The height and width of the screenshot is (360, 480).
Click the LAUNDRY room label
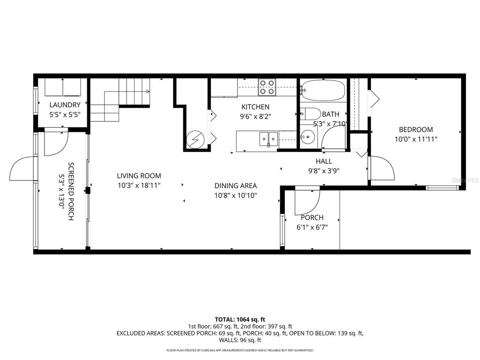(65, 105)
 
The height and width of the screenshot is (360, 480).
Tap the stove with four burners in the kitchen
(268, 88)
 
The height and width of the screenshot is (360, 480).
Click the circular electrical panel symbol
(194, 139)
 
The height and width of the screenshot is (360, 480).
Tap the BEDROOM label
(416, 130)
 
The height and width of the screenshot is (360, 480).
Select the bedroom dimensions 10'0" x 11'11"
(416, 139)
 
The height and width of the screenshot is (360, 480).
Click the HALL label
(323, 161)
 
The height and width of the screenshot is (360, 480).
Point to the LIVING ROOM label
(139, 176)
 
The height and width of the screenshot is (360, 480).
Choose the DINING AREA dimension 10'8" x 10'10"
(235, 195)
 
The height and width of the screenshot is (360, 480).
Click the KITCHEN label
(255, 107)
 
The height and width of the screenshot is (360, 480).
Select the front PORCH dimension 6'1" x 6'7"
(312, 227)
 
